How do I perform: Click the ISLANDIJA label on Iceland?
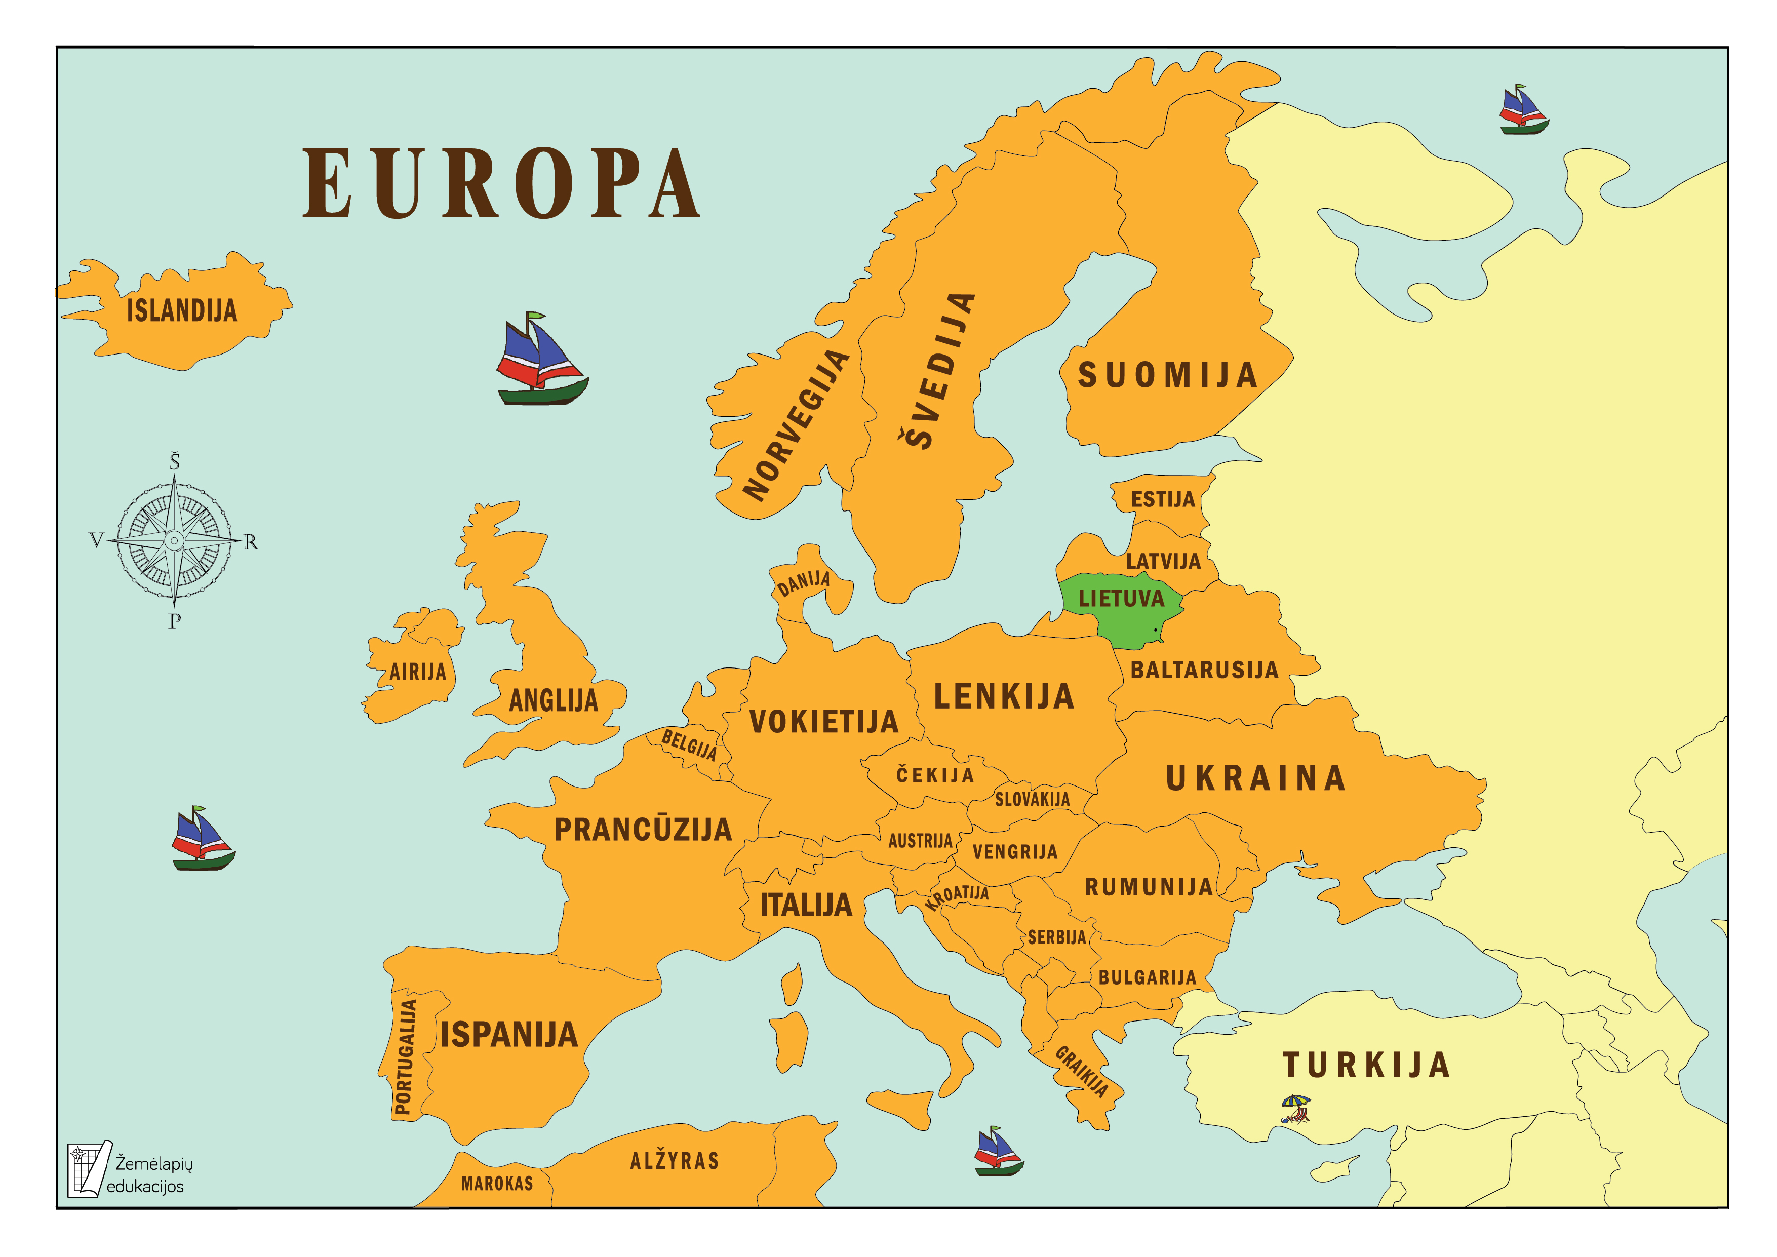[x=181, y=311]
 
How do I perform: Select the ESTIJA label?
[x=1163, y=499]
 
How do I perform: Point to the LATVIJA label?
[x=1163, y=561]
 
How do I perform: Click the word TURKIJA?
[x=1366, y=1065]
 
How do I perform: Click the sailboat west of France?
[x=202, y=839]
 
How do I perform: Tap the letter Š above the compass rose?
[x=175, y=462]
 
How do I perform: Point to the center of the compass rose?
[x=175, y=540]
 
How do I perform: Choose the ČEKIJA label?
[x=935, y=775]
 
